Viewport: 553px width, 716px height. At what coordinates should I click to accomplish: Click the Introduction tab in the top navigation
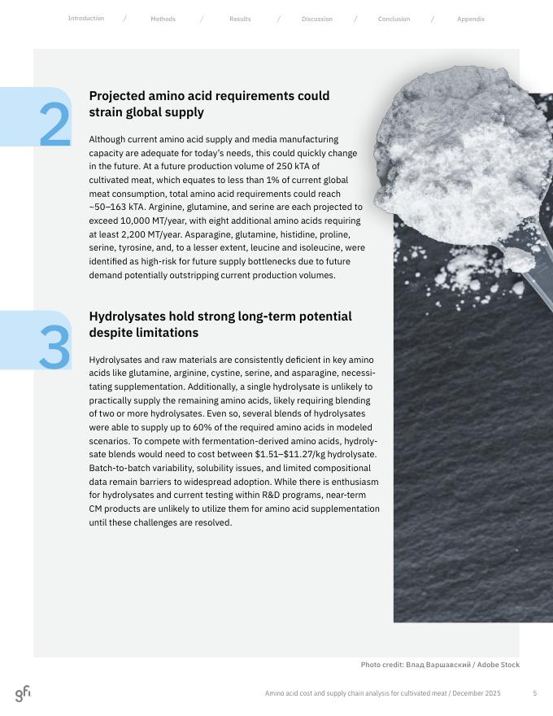click(x=85, y=18)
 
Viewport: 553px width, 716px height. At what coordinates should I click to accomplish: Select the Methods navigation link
click(x=163, y=19)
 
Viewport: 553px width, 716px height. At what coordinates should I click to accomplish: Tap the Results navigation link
click(x=240, y=19)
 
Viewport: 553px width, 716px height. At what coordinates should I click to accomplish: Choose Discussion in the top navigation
click(x=316, y=19)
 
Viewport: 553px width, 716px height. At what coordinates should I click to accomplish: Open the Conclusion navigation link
click(x=394, y=19)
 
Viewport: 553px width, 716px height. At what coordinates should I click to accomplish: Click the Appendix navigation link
click(x=470, y=19)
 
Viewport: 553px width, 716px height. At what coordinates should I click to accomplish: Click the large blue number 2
click(x=54, y=126)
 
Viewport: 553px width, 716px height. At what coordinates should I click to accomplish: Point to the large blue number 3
click(x=54, y=347)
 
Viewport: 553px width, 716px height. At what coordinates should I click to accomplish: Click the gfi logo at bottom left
click(x=23, y=693)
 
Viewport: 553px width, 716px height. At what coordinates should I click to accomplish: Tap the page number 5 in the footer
click(x=534, y=693)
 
